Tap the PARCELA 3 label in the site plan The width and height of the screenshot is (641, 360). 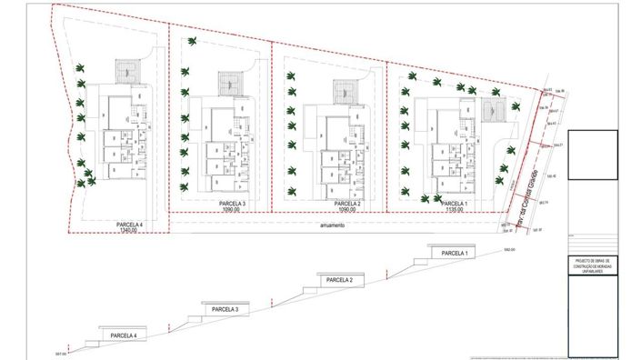coord(232,204)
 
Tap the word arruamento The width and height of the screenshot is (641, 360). coord(332,225)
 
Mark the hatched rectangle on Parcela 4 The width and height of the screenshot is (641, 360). coord(127,69)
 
